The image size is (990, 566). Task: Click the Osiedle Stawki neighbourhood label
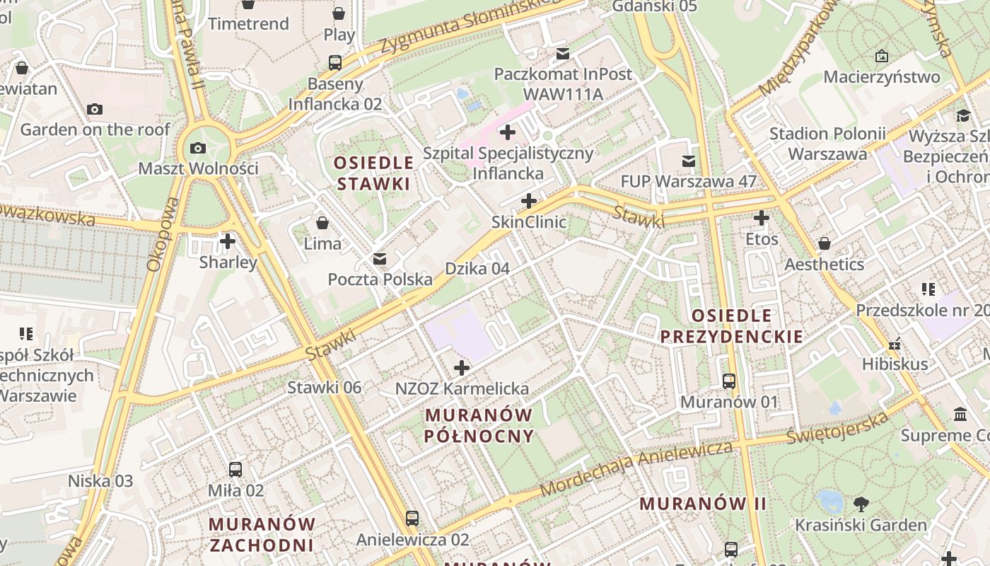point(373,173)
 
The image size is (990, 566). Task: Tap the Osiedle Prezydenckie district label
point(732,325)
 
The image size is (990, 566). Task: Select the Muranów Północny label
point(479,424)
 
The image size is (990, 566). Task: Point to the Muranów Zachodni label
point(262,534)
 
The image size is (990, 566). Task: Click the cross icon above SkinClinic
point(528,201)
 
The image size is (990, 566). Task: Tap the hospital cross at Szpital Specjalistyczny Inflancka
point(507,132)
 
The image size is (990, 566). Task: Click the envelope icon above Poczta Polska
point(380,258)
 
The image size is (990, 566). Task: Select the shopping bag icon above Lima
point(322,223)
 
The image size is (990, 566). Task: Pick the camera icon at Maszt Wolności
point(198,148)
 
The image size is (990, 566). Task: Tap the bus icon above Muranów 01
point(729,381)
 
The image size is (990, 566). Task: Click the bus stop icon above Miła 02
point(235,469)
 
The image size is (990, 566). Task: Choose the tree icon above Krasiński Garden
point(861,504)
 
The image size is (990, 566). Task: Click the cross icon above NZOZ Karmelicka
point(462,368)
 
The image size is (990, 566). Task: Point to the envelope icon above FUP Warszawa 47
point(688,161)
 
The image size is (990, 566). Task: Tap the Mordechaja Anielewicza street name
point(636,468)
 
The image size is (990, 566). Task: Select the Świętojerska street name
point(837,429)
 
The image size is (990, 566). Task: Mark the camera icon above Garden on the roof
point(95,109)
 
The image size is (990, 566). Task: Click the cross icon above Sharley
point(228,241)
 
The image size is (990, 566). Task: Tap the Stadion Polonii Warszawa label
point(827,144)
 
